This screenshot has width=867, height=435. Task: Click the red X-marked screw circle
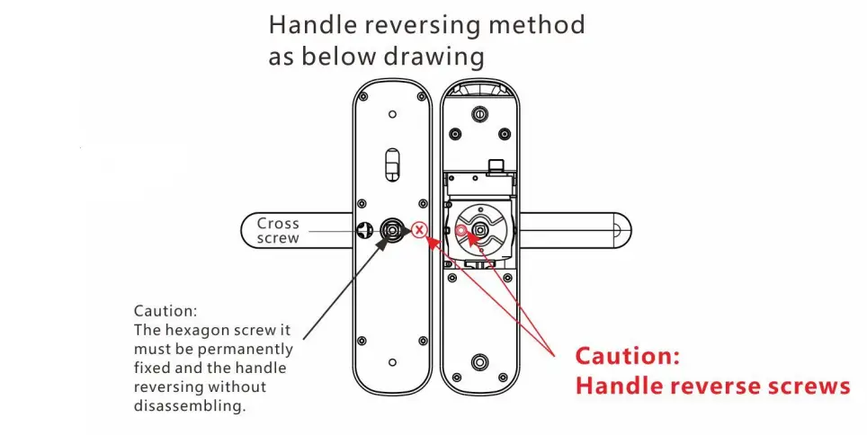click(x=419, y=229)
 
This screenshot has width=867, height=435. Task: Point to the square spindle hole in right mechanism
click(x=482, y=230)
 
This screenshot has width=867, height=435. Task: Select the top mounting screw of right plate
click(x=481, y=115)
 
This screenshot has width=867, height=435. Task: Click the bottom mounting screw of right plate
click(x=481, y=362)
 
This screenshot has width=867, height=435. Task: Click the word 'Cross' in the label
click(x=278, y=223)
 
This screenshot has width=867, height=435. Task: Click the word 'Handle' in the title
click(x=311, y=25)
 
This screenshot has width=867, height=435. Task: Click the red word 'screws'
click(x=809, y=386)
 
